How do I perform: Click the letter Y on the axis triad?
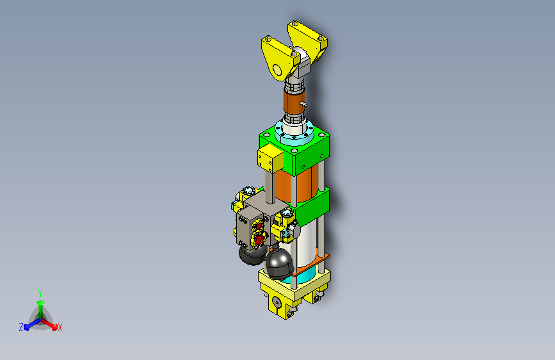click(x=40, y=293)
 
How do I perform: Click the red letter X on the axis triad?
click(x=60, y=328)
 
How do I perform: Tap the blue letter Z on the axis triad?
click(x=21, y=327)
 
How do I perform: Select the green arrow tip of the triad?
click(x=41, y=303)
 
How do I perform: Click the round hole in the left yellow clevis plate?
click(x=277, y=70)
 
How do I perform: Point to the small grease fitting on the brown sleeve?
click(x=303, y=104)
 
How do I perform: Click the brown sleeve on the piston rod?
click(x=294, y=101)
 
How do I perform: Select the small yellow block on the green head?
click(x=270, y=160)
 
